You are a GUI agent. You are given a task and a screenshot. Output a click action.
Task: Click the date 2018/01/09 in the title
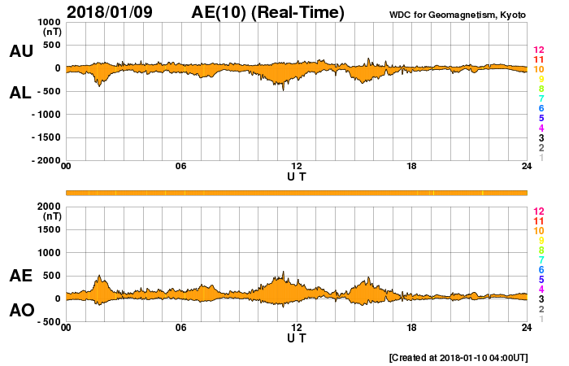(109, 12)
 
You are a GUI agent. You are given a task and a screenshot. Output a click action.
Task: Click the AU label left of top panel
(20, 51)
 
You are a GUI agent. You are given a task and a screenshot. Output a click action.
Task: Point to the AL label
(20, 93)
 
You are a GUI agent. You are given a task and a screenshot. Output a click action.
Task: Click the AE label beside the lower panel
(20, 276)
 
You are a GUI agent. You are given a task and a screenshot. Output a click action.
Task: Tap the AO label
(20, 310)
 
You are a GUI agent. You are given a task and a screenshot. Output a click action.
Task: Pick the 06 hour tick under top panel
(180, 167)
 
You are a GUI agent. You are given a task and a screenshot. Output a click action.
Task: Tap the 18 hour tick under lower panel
(411, 328)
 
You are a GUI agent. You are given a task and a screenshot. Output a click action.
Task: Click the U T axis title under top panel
(297, 176)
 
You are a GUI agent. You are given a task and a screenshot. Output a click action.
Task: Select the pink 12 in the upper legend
(538, 50)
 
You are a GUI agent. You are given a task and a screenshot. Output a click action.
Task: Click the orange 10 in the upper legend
(538, 70)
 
